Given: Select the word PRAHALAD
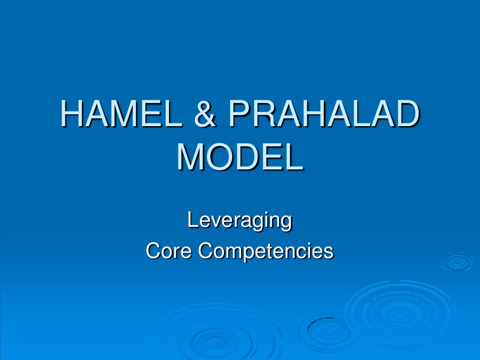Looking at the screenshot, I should click(x=323, y=114).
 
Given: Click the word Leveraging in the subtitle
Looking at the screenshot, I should click(x=240, y=220).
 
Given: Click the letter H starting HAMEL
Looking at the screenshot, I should click(x=72, y=114).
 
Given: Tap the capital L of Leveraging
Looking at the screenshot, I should click(x=192, y=220).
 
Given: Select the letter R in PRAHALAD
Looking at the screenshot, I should click(x=264, y=114).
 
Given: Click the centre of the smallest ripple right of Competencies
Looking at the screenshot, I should click(x=457, y=263).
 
